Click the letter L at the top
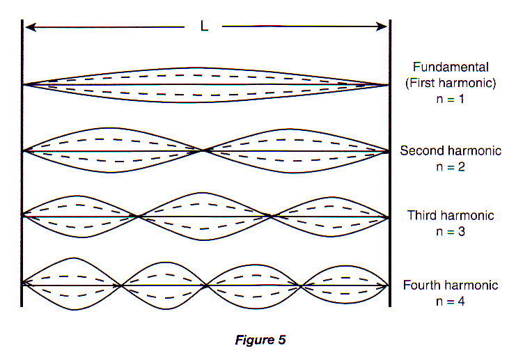pos(204,26)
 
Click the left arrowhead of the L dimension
pos(30,27)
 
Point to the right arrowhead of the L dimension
pos(382,26)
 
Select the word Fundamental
pos(451,67)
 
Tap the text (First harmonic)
pos(451,83)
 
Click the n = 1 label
pos(450,99)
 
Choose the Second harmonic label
pos(451,150)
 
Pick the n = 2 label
pos(451,167)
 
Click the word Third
pos(422,215)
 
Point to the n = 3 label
pos(451,232)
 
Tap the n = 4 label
pos(450,302)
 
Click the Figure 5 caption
pos(260,340)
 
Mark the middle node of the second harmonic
pos(204,150)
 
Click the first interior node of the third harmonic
pos(139,217)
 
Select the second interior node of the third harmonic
pos(271,217)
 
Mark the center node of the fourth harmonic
pos(206,285)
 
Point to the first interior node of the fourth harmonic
pos(121,285)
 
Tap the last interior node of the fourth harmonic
pos(301,286)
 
